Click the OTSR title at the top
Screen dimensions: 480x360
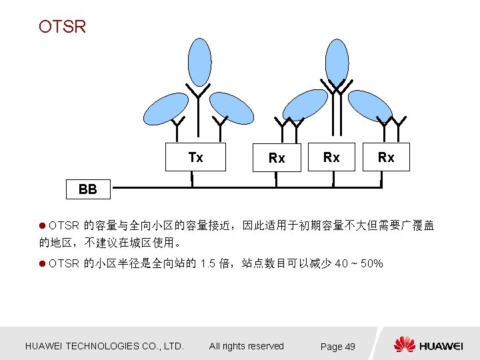tap(62, 27)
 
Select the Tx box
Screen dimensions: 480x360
tap(195, 157)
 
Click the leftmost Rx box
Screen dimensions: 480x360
tap(276, 157)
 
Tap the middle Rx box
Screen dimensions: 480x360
tap(331, 157)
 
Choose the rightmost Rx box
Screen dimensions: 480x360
tap(386, 157)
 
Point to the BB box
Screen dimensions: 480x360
tap(87, 189)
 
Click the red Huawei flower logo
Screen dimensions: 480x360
tap(404, 345)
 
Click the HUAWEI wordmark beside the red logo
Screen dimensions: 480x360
tap(441, 346)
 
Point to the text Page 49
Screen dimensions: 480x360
tap(338, 347)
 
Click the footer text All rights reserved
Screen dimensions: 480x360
tap(246, 346)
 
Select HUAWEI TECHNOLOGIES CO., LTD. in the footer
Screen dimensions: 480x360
tap(104, 346)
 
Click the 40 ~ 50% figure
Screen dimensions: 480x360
tap(360, 263)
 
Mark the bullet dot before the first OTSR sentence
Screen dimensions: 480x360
tap(43, 226)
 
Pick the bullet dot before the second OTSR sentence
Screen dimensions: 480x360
tap(43, 263)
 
